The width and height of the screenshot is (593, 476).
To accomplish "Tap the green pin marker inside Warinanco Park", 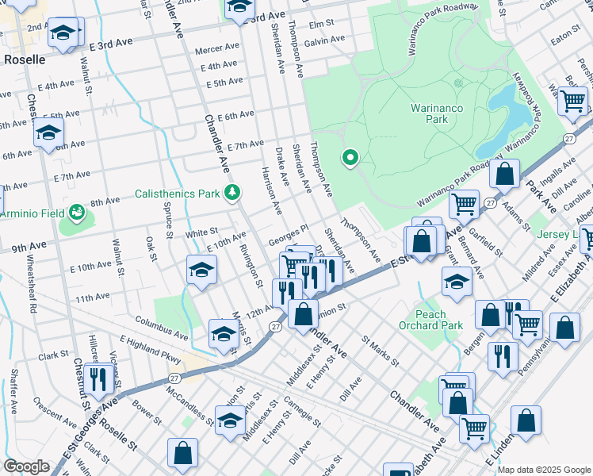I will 350,159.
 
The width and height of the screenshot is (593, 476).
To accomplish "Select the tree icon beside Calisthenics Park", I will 232,193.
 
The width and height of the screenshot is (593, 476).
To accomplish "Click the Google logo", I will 26,466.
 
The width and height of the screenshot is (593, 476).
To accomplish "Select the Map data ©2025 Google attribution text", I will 543,470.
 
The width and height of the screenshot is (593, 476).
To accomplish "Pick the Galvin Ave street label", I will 323,40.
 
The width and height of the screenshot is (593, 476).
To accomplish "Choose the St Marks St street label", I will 381,351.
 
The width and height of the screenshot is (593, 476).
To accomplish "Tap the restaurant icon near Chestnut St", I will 99,379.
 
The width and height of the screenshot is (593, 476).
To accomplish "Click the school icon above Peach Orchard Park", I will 457,282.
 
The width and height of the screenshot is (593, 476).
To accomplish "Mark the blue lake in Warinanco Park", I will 507,111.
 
